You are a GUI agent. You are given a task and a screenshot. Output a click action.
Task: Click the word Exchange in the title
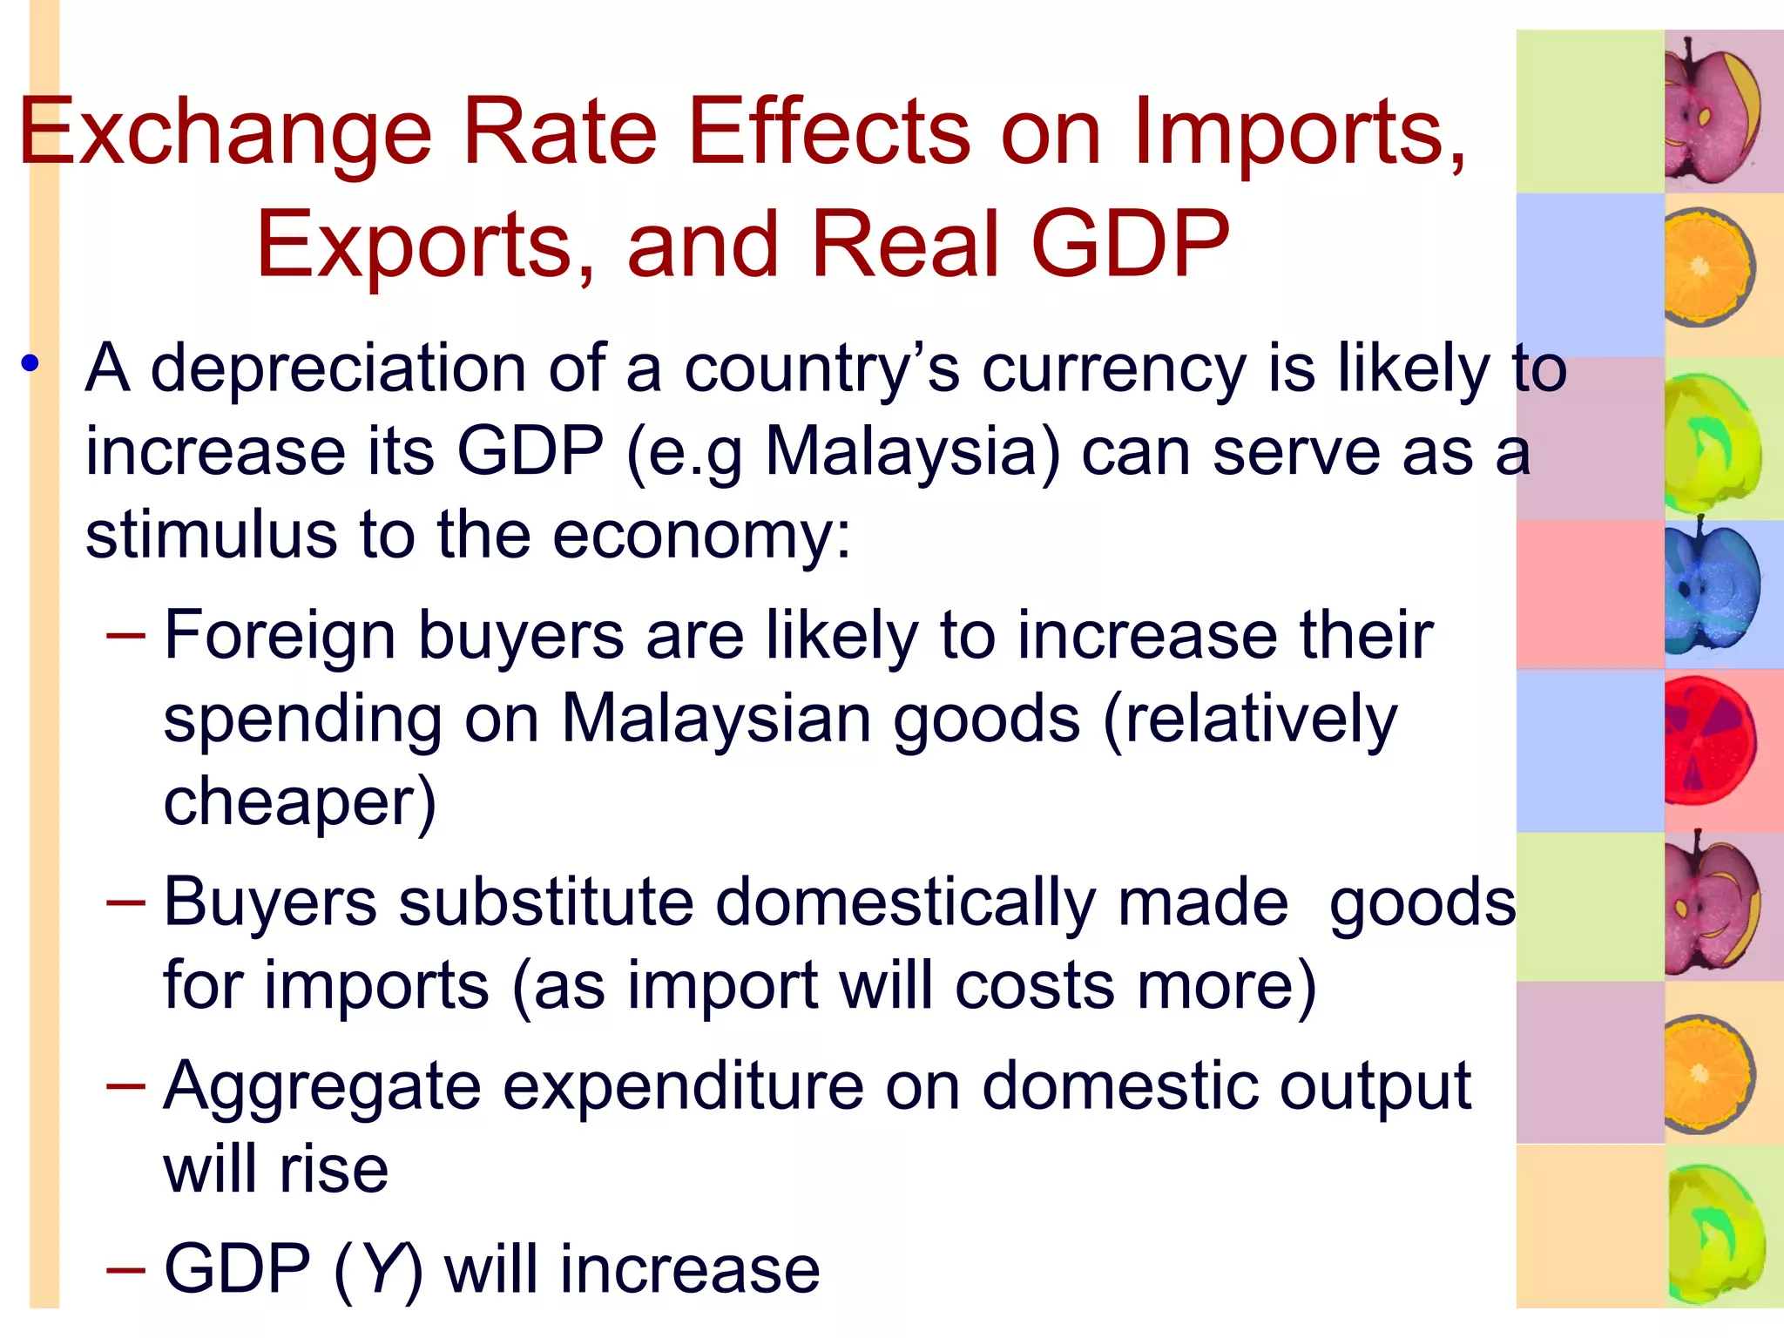225,133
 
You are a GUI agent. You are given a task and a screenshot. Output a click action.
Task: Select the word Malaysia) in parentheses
913,453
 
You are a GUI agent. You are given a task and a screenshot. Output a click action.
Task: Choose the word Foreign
280,636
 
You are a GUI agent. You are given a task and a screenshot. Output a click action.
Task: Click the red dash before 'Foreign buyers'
125,636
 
